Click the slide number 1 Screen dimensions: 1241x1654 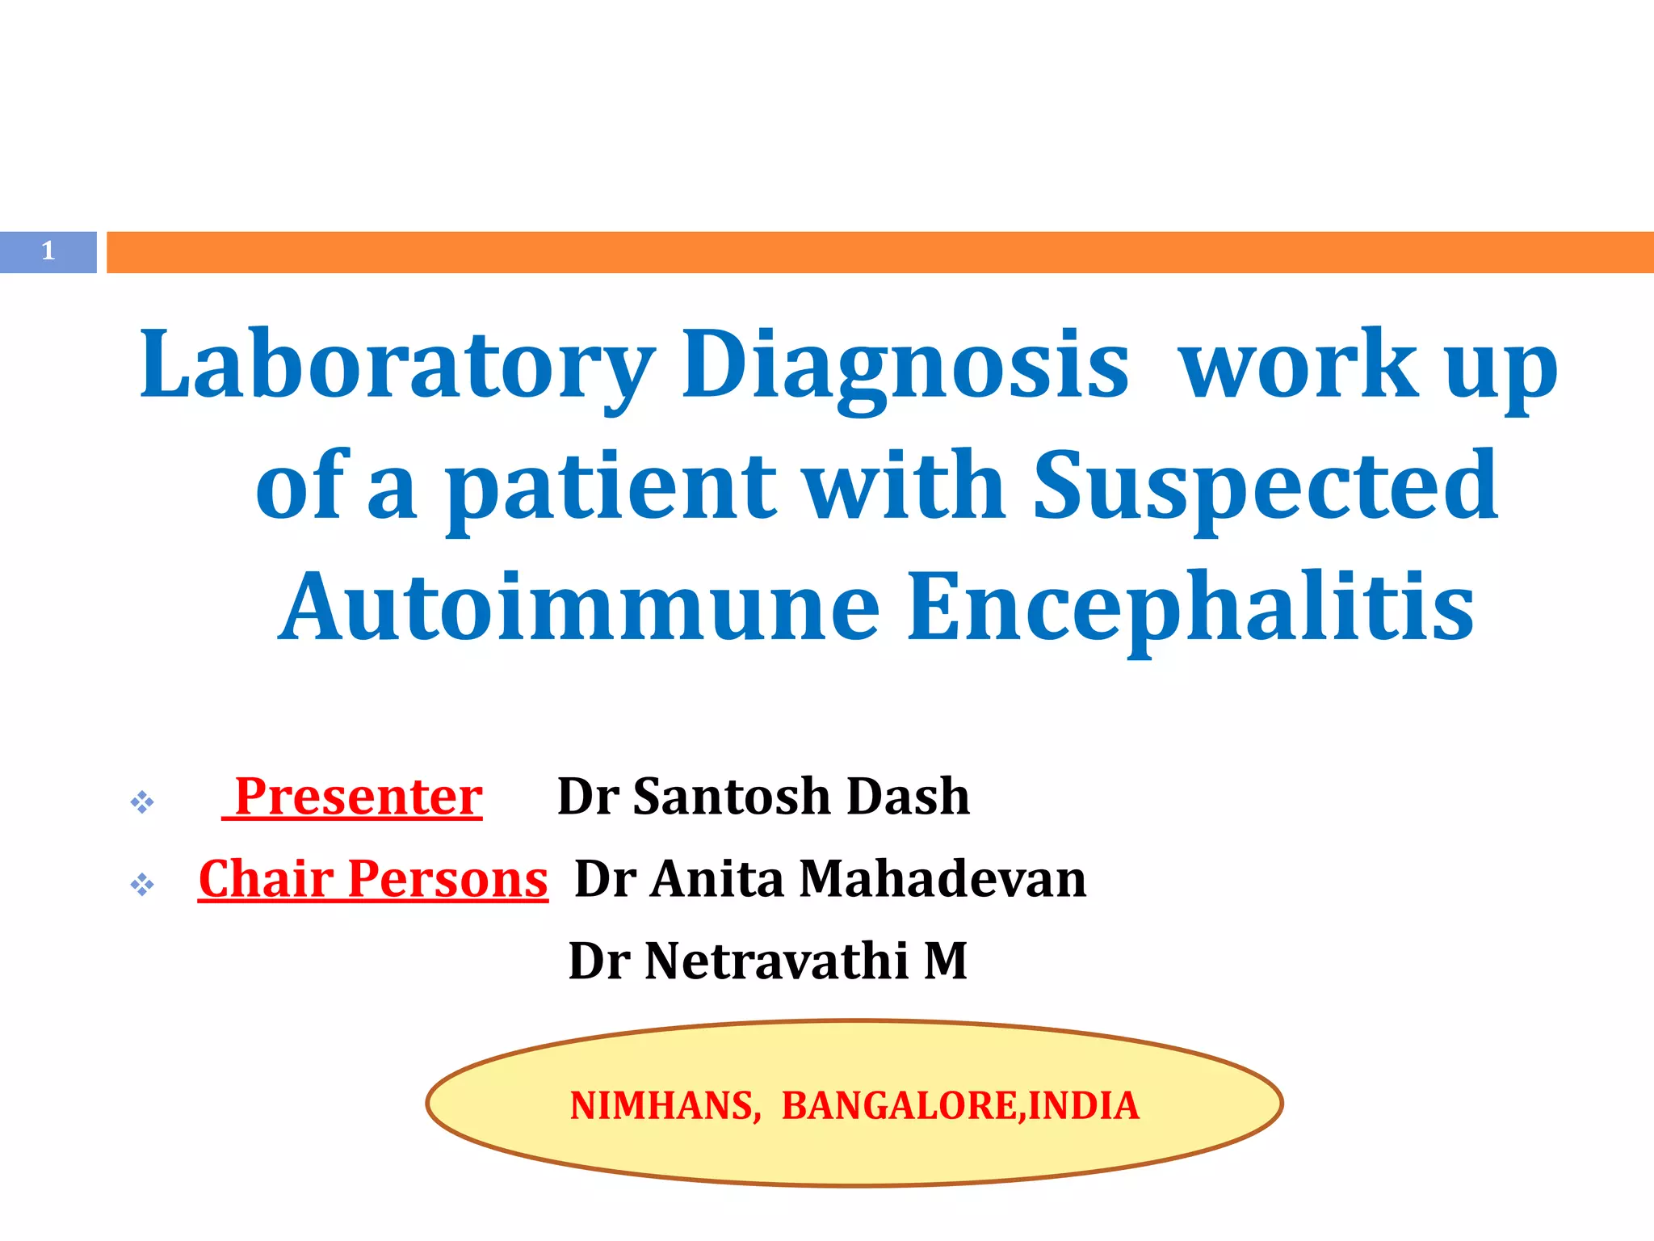pyautogui.click(x=48, y=251)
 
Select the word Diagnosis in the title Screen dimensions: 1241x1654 pyautogui.click(x=905, y=365)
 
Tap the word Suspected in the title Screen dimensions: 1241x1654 pyautogui.click(x=1266, y=486)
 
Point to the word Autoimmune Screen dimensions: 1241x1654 pyautogui.click(x=578, y=607)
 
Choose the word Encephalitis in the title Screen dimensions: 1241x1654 pyautogui.click(x=1190, y=607)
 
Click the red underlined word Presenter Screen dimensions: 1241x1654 pyautogui.click(x=358, y=797)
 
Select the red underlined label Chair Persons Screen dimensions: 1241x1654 pyautogui.click(x=373, y=879)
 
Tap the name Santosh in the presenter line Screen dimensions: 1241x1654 pyautogui.click(x=730, y=797)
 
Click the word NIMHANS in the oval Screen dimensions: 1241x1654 pyautogui.click(x=664, y=1105)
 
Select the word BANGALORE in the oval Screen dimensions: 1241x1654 pyautogui.click(x=898, y=1105)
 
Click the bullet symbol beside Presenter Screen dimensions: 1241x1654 pyautogui.click(x=142, y=802)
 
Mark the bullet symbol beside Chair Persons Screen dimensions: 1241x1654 pyautogui.click(x=142, y=885)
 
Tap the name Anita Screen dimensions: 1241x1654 pyautogui.click(x=717, y=879)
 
